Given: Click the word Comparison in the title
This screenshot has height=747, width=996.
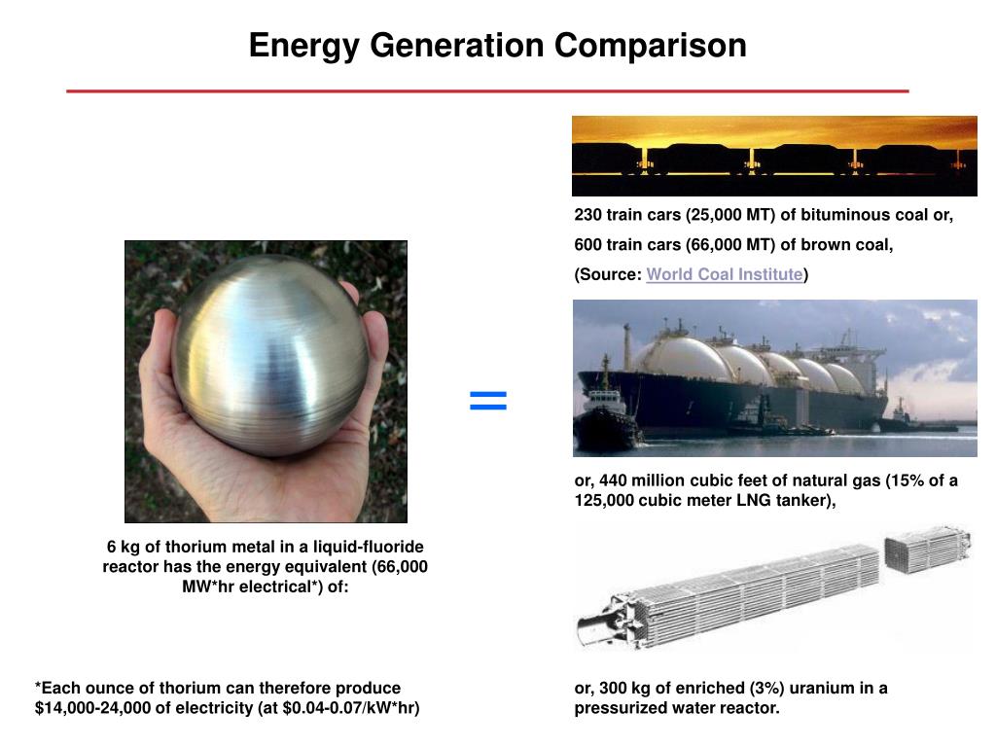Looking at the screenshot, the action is tap(650, 46).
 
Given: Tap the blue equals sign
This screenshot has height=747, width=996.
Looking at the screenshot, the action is tap(488, 400).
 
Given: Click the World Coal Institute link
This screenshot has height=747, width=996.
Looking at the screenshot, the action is tap(724, 274).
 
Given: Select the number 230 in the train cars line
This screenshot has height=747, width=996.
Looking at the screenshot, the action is tap(587, 215).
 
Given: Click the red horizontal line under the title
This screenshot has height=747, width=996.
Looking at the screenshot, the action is tap(487, 91).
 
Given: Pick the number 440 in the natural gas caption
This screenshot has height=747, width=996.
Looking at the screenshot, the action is tap(613, 480).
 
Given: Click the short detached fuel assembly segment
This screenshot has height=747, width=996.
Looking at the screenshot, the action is tap(927, 548).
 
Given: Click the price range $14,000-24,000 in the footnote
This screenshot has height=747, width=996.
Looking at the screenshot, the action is tap(92, 708).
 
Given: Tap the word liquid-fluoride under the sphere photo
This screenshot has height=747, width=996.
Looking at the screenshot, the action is tap(369, 547).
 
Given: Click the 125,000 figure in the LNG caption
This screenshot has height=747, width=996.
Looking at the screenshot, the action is tap(604, 501).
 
